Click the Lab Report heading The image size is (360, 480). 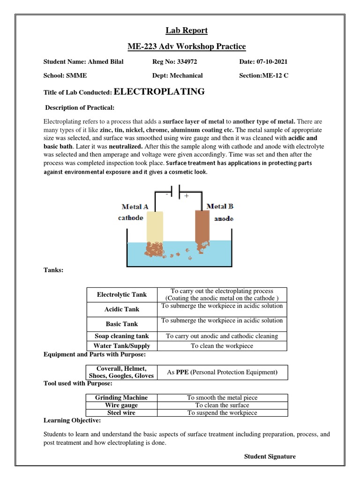186,31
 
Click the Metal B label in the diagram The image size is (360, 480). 219,206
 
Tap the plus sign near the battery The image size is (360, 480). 187,196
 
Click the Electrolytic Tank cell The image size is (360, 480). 121,295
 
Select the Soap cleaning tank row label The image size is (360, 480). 121,336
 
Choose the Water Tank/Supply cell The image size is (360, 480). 121,346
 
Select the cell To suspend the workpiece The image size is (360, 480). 222,413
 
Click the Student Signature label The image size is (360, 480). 270,457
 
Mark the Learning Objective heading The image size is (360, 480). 72,420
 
